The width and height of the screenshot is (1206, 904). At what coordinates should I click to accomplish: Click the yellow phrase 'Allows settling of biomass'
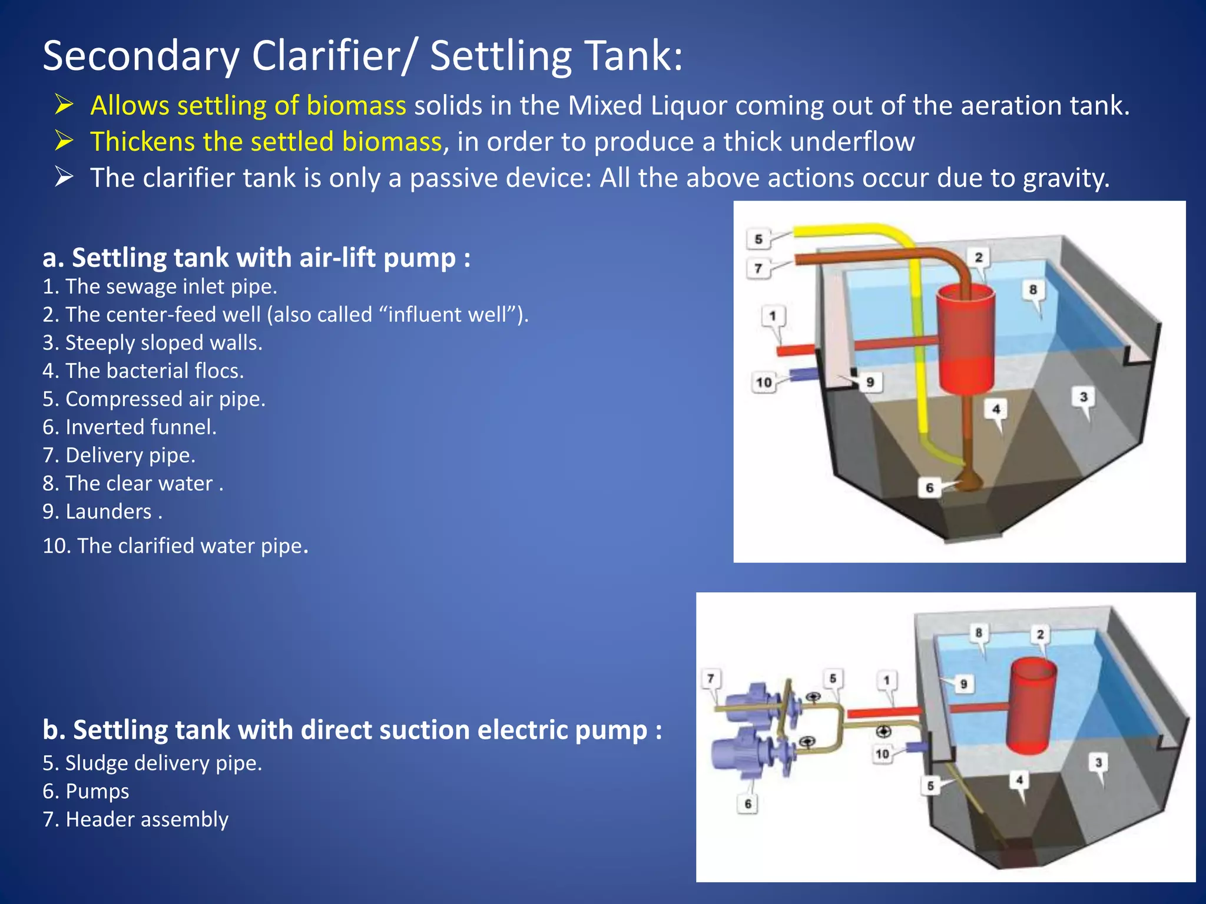pyautogui.click(x=248, y=106)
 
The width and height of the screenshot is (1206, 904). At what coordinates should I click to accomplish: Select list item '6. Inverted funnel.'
pyautogui.click(x=130, y=427)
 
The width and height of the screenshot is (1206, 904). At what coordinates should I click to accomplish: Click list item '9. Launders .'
pyautogui.click(x=102, y=512)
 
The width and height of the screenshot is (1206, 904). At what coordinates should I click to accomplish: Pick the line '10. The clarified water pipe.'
pyautogui.click(x=175, y=546)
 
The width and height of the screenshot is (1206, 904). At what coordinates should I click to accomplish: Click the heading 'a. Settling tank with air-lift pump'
pyautogui.click(x=256, y=258)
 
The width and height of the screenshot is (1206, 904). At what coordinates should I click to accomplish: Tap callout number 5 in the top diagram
pyautogui.click(x=758, y=239)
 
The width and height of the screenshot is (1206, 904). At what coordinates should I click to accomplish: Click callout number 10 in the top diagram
pyautogui.click(x=764, y=383)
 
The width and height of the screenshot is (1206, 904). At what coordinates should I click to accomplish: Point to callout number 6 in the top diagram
pyautogui.click(x=929, y=488)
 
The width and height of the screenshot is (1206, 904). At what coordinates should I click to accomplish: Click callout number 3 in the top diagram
pyautogui.click(x=1084, y=397)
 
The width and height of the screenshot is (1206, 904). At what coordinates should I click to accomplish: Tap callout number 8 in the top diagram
pyautogui.click(x=1033, y=290)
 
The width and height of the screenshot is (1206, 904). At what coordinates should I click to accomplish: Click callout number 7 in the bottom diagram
pyautogui.click(x=711, y=679)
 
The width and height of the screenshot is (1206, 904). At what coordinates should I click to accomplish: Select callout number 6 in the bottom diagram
pyautogui.click(x=748, y=804)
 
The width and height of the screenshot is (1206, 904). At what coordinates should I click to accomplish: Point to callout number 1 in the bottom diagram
pyautogui.click(x=887, y=680)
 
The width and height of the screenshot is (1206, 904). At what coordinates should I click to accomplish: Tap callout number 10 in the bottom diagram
pyautogui.click(x=882, y=754)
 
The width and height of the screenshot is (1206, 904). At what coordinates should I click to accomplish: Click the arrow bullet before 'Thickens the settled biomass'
pyautogui.click(x=64, y=141)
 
